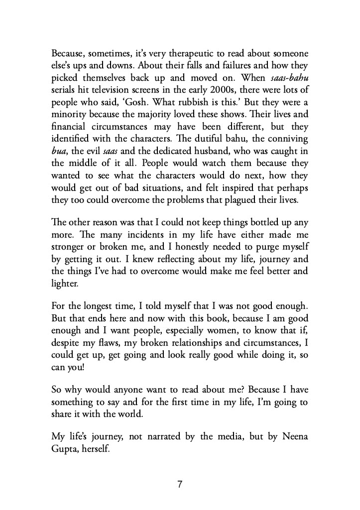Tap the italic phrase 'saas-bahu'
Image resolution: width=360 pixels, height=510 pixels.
[x=285, y=78]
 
